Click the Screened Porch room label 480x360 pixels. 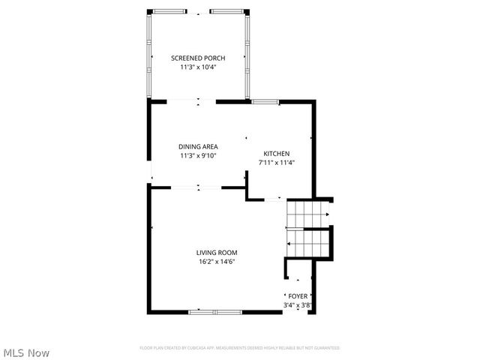coord(198,58)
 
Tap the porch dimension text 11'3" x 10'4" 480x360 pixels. coord(198,67)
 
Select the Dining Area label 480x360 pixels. coord(198,147)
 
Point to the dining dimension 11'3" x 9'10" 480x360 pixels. coord(198,156)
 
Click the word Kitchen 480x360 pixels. coord(276,153)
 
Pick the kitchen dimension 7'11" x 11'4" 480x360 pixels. coord(276,162)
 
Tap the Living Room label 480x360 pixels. coord(217,253)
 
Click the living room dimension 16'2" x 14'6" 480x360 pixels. coord(217,262)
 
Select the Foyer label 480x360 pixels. coord(298,296)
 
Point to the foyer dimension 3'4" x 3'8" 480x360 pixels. coord(298,305)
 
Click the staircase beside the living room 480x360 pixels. coord(307,229)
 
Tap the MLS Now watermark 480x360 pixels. coord(26,352)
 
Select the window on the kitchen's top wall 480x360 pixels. coord(265,100)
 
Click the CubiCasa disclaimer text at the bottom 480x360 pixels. coord(240,348)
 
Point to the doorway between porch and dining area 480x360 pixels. coord(197,100)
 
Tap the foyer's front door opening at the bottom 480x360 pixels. coord(298,312)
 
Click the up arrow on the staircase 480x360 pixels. coord(289,244)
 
